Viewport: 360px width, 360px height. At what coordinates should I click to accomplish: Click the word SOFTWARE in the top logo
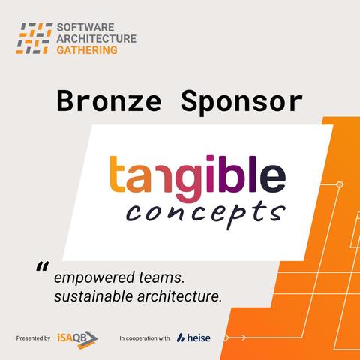85,27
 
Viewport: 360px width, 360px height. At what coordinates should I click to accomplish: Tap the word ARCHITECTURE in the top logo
97,39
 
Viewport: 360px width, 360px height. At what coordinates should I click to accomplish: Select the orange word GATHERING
87,50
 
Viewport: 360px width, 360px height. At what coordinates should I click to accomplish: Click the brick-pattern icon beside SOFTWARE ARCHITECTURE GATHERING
34,38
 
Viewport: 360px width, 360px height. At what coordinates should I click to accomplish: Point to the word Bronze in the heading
109,101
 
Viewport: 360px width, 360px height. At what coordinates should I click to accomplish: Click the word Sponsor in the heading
241,103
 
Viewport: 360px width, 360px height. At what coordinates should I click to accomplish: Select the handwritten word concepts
205,214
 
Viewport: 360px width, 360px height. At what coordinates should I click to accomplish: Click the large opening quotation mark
43,266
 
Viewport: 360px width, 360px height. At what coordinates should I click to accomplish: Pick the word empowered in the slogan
94,278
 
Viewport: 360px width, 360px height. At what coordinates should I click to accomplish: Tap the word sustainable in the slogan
94,296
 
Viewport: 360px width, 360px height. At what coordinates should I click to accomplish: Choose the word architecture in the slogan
179,296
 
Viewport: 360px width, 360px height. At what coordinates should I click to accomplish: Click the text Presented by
33,338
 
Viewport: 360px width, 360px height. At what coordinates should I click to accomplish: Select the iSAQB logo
77,339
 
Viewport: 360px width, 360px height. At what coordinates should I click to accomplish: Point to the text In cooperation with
145,338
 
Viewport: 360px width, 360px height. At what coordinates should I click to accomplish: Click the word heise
199,338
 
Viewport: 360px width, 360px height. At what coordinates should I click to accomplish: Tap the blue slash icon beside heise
181,337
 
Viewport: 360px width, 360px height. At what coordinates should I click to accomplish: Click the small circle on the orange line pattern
340,184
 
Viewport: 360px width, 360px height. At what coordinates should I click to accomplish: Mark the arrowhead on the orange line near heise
243,337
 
